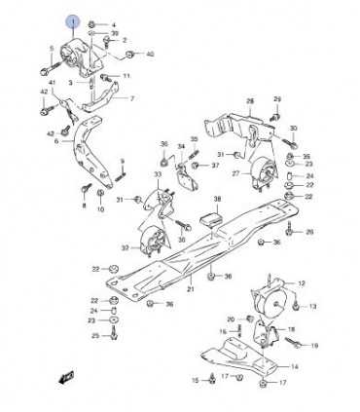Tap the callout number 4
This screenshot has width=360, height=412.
(113, 22)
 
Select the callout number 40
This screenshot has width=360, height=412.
(151, 54)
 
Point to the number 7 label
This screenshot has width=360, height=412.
(132, 98)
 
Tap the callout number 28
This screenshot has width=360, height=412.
(249, 101)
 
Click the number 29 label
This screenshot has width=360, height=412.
(277, 98)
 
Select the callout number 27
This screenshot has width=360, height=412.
(234, 173)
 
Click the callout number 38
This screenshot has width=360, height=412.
(219, 199)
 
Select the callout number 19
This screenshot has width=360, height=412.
(314, 346)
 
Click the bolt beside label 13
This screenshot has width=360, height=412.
(291, 305)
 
